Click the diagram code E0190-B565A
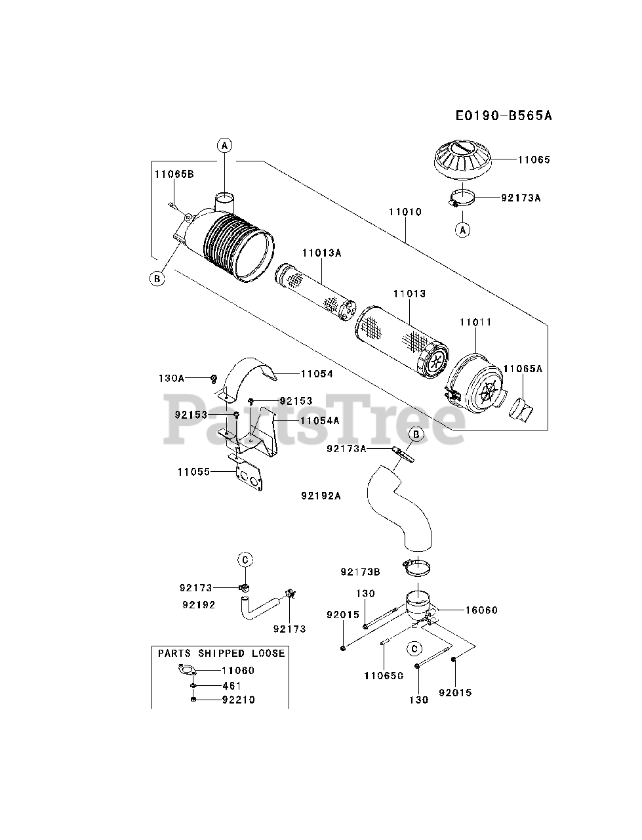coord(504,115)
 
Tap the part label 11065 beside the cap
coord(534,159)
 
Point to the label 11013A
coord(321,253)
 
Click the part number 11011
coord(475,322)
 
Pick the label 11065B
coord(174,174)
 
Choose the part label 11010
coord(405,211)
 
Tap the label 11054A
coord(319,421)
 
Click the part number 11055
coord(194,472)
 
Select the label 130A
coord(171,379)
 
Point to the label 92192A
coord(321,496)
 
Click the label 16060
coord(481,610)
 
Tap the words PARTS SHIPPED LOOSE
coord(222,653)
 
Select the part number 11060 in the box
coord(238,671)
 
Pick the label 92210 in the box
coord(238,700)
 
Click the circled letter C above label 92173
coord(245,560)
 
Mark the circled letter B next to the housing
coord(157,279)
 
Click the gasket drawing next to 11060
coord(187,670)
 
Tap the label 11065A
coord(523,369)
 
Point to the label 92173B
coord(360,572)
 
